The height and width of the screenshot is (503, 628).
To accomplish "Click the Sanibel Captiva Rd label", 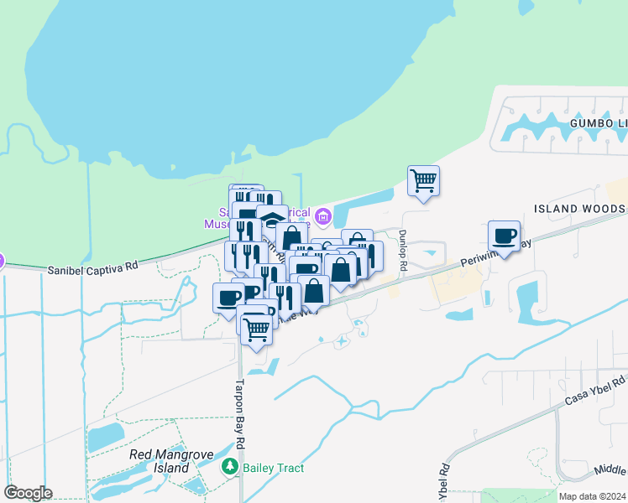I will pyautogui.click(x=92, y=269).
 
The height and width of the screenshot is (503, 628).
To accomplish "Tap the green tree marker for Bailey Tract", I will pyautogui.click(x=228, y=466).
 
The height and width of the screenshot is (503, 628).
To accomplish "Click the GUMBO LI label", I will pyautogui.click(x=598, y=123).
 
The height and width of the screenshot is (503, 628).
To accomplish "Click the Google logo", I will pyautogui.click(x=28, y=493).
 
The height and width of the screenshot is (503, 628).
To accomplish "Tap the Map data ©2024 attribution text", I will pyautogui.click(x=592, y=496).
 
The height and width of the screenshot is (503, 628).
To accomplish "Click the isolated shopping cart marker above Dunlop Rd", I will pyautogui.click(x=424, y=180).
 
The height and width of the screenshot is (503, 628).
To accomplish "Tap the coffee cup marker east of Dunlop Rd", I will pyautogui.click(x=504, y=236).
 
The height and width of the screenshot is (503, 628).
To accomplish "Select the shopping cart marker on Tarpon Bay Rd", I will pyautogui.click(x=256, y=329).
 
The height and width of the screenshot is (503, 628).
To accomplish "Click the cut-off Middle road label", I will pyautogui.click(x=610, y=471).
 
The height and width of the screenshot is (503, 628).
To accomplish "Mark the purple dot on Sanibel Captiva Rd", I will pyautogui.click(x=2, y=262).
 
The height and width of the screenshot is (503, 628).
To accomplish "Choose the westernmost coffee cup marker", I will pyautogui.click(x=228, y=298).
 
